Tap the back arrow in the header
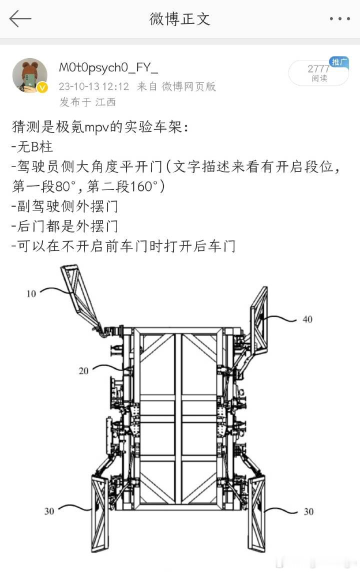pyautogui.click(x=20, y=18)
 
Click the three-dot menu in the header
pyautogui.click(x=339, y=18)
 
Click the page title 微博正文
pyautogui.click(x=180, y=19)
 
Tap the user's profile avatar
pyautogui.click(x=30, y=75)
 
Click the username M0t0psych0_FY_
pyautogui.click(x=108, y=67)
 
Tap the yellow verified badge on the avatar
pyautogui.click(x=42, y=87)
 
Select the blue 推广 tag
pyautogui.click(x=339, y=62)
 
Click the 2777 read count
pyautogui.click(x=318, y=68)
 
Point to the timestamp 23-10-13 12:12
pyautogui.click(x=93, y=86)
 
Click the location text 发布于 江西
pyautogui.click(x=87, y=102)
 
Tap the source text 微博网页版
pyautogui.click(x=188, y=86)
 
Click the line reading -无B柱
pyautogui.click(x=32, y=146)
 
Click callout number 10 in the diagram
pyautogui.click(x=31, y=293)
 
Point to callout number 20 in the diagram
pyautogui.click(x=83, y=371)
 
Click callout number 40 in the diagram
pyautogui.click(x=307, y=319)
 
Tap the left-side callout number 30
pyautogui.click(x=49, y=511)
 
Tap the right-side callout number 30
pyautogui.click(x=308, y=512)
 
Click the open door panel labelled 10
pyautogui.click(x=79, y=295)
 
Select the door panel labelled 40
pyautogui.click(x=259, y=320)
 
